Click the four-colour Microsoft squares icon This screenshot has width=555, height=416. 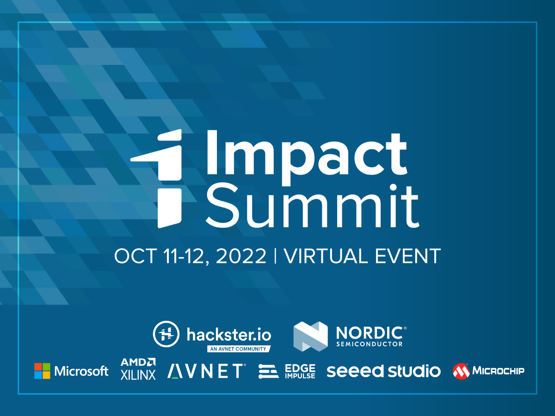coord(42,371)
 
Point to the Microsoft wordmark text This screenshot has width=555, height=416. coord(81,371)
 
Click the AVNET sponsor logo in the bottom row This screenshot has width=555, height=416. coord(206,371)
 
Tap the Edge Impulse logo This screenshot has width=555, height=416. coord(287,371)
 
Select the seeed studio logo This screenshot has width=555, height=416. coord(383,371)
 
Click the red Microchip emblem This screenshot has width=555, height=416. coord(461,371)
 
